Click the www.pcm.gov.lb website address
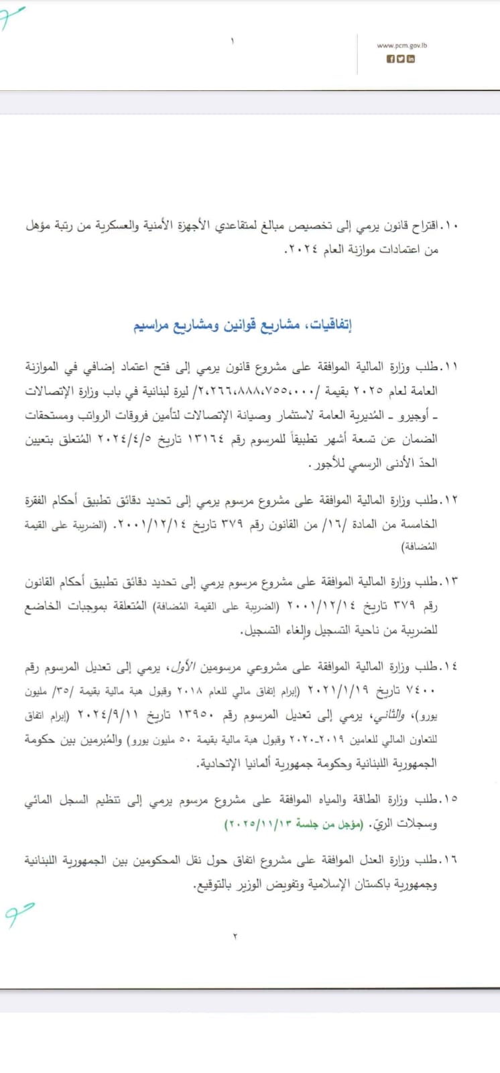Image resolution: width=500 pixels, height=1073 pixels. [403, 46]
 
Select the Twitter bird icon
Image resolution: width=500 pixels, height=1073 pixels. [401, 59]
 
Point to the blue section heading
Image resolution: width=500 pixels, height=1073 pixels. [243, 326]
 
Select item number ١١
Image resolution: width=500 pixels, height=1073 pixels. [450, 367]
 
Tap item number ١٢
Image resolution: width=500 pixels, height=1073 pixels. [450, 500]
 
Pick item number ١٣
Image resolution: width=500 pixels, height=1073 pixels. [450, 581]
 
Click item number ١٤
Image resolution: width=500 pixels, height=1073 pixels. [450, 666]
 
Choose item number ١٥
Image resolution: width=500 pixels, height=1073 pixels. [450, 799]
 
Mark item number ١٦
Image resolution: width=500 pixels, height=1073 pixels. [450, 859]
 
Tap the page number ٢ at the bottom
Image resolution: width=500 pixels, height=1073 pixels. [235, 936]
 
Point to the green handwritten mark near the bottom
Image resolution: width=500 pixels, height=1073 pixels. [18, 913]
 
